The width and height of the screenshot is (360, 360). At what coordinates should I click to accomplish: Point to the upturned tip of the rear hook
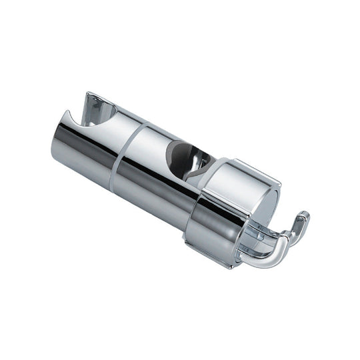pyautogui.click(x=303, y=217)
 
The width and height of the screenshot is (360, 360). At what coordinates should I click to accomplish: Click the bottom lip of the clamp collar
pyautogui.click(x=213, y=257)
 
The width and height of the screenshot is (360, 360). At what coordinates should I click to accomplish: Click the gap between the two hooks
pyautogui.click(x=283, y=230)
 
